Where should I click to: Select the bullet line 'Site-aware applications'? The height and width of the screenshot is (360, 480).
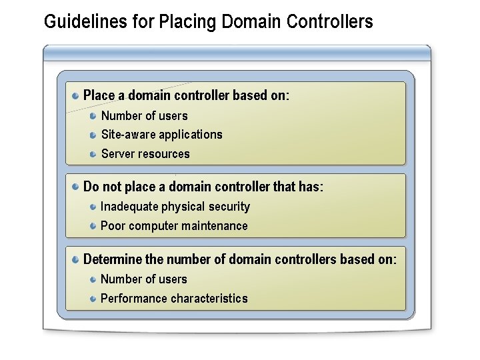tap(161, 135)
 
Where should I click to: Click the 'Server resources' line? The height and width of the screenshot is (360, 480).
tap(145, 154)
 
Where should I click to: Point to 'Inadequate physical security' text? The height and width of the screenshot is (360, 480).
tap(175, 207)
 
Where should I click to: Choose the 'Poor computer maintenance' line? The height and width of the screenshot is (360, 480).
tap(174, 226)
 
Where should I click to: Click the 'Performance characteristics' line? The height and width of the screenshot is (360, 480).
tap(174, 299)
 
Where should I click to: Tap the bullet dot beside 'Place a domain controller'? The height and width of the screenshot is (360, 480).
tap(77, 95)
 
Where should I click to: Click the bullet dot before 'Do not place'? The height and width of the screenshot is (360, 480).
tap(77, 187)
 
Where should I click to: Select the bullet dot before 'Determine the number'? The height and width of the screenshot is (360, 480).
tap(77, 259)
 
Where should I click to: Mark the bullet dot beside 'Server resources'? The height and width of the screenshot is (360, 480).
tap(94, 154)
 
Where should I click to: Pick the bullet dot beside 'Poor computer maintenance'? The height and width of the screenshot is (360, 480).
tap(94, 226)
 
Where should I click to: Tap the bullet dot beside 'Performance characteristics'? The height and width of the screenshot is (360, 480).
tap(94, 299)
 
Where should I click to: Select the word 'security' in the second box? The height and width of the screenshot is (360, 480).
tap(228, 207)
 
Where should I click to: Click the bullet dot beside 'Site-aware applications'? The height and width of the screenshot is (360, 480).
tap(94, 135)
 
